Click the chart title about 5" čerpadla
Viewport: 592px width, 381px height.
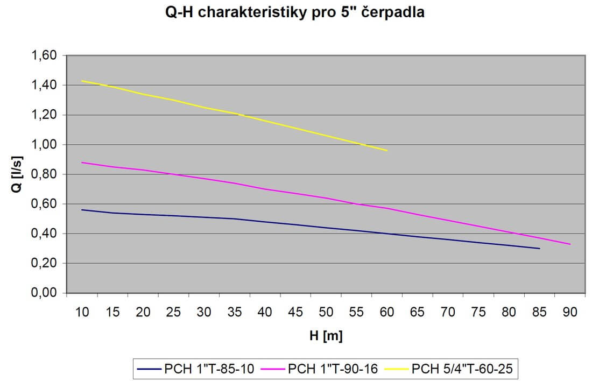(295, 13)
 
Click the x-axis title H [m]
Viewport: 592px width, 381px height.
(326, 336)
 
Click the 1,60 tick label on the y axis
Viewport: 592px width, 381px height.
(45, 55)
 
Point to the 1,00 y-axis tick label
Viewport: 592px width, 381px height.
(45, 144)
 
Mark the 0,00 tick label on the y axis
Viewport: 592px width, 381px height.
(45, 293)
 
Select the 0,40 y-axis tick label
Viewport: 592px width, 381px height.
(45, 234)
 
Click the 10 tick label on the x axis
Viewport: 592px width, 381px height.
(82, 313)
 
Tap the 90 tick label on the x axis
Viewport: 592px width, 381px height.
(569, 313)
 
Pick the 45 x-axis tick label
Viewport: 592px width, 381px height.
(295, 313)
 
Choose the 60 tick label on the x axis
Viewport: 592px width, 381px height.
(387, 313)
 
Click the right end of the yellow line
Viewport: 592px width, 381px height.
(387, 150)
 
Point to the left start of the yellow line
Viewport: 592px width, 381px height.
(82, 81)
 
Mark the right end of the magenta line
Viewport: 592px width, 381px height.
(569, 244)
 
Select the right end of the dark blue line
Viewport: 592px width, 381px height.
(539, 249)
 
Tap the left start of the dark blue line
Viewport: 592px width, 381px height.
(82, 210)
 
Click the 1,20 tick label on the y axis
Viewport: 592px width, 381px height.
(45, 115)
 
